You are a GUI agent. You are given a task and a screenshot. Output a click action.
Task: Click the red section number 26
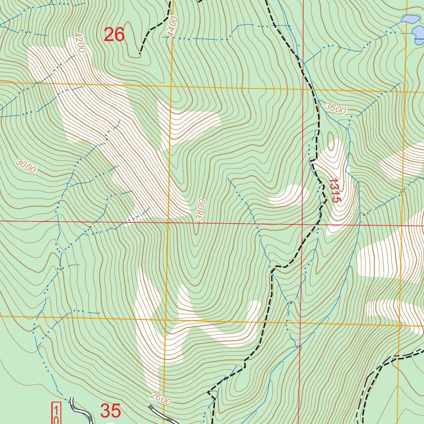point(114,35)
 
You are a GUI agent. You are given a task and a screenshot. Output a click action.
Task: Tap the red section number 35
point(111,411)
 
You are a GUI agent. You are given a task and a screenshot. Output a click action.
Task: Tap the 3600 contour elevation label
point(335,108)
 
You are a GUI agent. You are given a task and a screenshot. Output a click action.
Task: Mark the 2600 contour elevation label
point(161,400)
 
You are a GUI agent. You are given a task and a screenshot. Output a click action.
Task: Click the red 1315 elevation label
point(335,190)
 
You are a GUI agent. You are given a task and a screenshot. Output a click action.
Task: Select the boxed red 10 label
point(56,413)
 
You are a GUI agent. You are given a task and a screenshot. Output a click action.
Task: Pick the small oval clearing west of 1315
point(289,195)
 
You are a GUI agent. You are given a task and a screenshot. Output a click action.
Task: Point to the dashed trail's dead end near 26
point(140,53)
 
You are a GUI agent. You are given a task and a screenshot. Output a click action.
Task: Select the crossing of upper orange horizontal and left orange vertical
point(170,87)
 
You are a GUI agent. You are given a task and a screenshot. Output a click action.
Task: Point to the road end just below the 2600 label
point(150,407)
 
